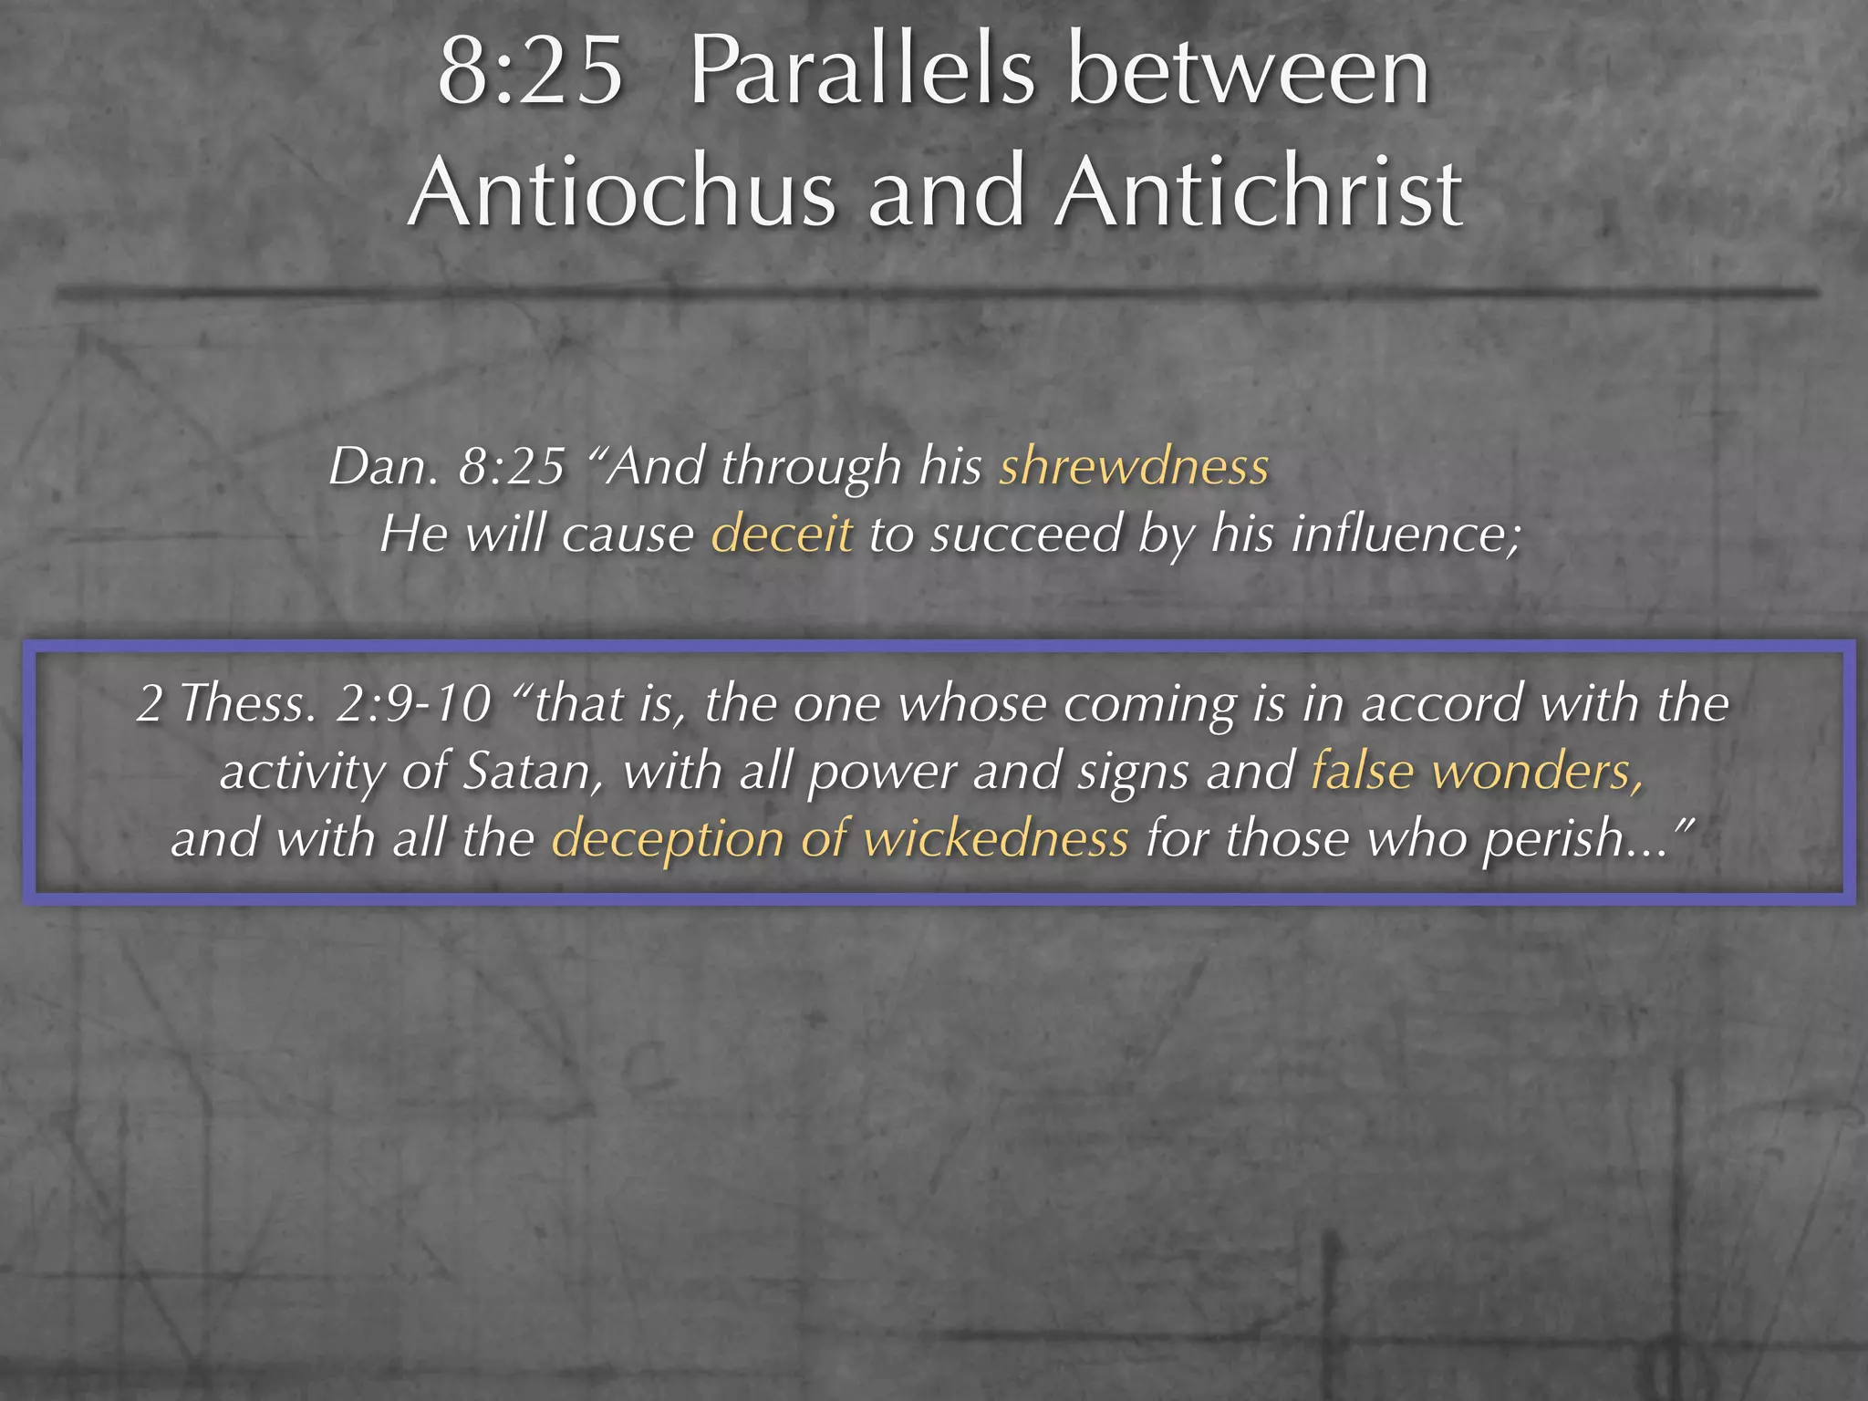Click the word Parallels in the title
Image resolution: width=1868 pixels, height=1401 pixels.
tap(862, 73)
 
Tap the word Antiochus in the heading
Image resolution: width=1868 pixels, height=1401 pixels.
tap(622, 192)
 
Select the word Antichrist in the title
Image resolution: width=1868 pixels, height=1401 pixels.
tap(1260, 192)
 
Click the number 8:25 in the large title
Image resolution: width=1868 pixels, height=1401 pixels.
tap(531, 73)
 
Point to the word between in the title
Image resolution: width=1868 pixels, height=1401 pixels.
tap(1249, 73)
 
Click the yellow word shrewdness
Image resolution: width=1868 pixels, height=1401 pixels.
tap(1134, 466)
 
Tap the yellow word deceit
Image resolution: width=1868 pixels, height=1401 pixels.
tap(782, 534)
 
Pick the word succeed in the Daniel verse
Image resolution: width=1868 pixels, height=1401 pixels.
tap(1025, 534)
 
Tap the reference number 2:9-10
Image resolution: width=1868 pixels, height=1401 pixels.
tap(414, 704)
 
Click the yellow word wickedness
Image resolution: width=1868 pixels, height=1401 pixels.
tap(996, 839)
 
